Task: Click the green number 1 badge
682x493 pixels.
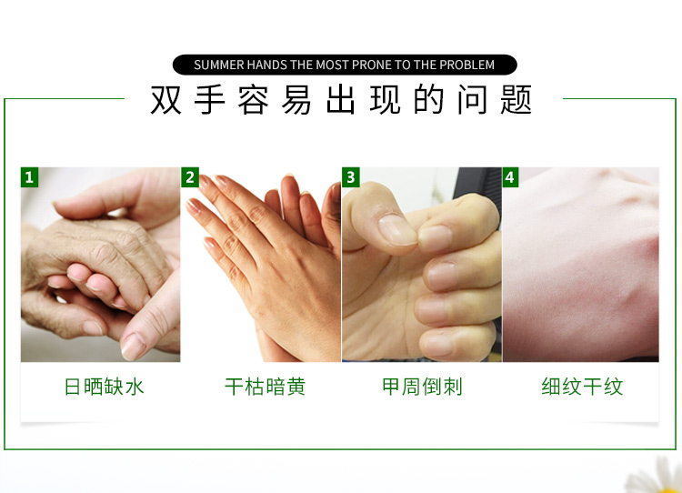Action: [29, 177]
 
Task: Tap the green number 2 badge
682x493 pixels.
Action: [190, 177]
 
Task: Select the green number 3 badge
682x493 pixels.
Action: [351, 177]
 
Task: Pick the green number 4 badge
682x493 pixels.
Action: [510, 177]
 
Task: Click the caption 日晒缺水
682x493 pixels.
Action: [104, 387]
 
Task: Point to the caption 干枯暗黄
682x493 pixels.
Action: [266, 387]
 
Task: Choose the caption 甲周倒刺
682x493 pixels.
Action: [422, 387]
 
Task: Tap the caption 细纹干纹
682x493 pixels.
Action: [582, 387]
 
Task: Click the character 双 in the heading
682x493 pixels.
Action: [165, 100]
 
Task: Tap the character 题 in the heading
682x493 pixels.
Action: [517, 100]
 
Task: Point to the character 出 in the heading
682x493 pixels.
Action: [341, 100]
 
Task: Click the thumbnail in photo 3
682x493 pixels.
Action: [396, 229]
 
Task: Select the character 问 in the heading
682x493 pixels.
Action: [472, 100]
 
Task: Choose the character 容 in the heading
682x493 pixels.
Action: [253, 100]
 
